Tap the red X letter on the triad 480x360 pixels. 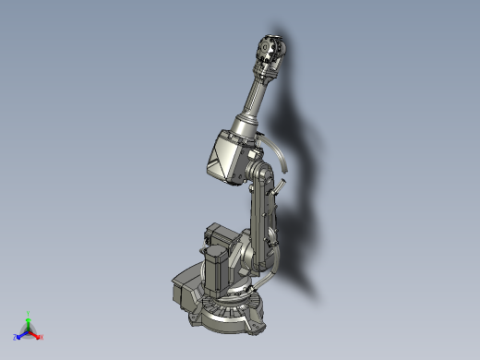[x=42, y=337]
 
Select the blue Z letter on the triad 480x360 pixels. [x=17, y=337]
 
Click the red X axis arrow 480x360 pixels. [x=36, y=333]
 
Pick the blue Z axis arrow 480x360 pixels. [x=22, y=333]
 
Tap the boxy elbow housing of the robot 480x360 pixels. [x=223, y=154]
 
